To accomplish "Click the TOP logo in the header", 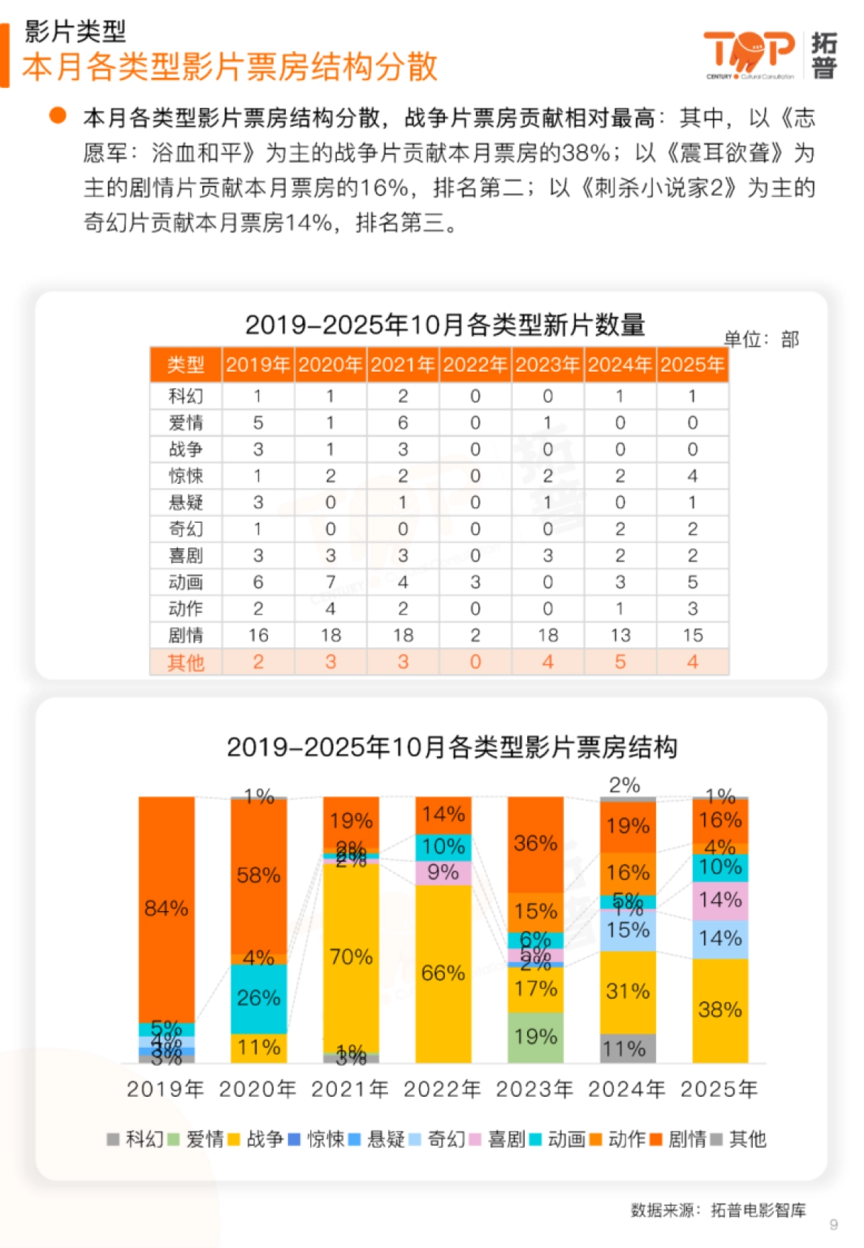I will [749, 53].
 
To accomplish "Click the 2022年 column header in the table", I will [475, 365].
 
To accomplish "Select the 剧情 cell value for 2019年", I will [258, 635].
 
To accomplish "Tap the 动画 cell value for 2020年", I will [330, 582].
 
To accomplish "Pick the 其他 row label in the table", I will [186, 663].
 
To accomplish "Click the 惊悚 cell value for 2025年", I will [692, 476].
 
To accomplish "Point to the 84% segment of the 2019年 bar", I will [166, 909].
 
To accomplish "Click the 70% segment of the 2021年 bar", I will [351, 957].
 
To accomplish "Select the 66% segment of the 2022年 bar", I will [443, 974].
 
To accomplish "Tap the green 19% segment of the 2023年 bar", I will [536, 1037].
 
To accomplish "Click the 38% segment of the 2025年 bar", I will [720, 1010].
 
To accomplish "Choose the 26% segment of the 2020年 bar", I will [258, 998].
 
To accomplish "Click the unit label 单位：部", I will [761, 339].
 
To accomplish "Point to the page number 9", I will [834, 1224].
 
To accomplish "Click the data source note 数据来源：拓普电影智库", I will [718, 1210].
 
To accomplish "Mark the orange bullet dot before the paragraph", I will [58, 115].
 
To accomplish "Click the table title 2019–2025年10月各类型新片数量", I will [445, 325].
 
